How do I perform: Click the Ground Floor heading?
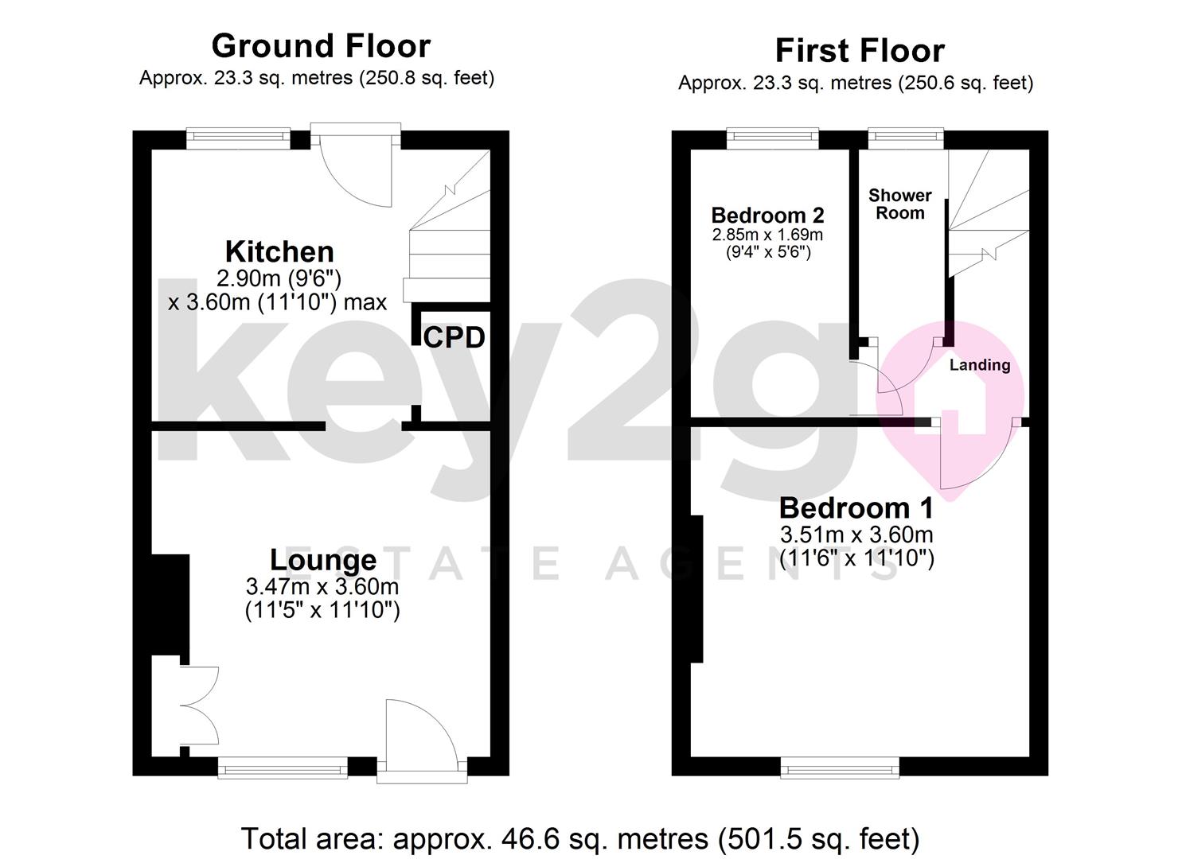coord(321,46)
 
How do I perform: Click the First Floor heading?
coord(860,51)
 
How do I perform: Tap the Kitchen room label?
coord(279,251)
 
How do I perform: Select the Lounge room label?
coord(323,560)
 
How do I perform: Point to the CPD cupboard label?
coord(454,338)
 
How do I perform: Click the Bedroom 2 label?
coord(767,216)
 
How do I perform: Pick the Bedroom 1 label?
coord(856,507)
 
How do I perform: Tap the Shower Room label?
coord(900,204)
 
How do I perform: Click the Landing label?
coord(979,365)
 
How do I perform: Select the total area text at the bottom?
coord(580,838)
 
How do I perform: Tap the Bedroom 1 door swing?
coord(975,457)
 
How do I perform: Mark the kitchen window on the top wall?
coord(238,138)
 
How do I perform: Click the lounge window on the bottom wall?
coord(283,768)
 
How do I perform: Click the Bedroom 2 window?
coord(772,138)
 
